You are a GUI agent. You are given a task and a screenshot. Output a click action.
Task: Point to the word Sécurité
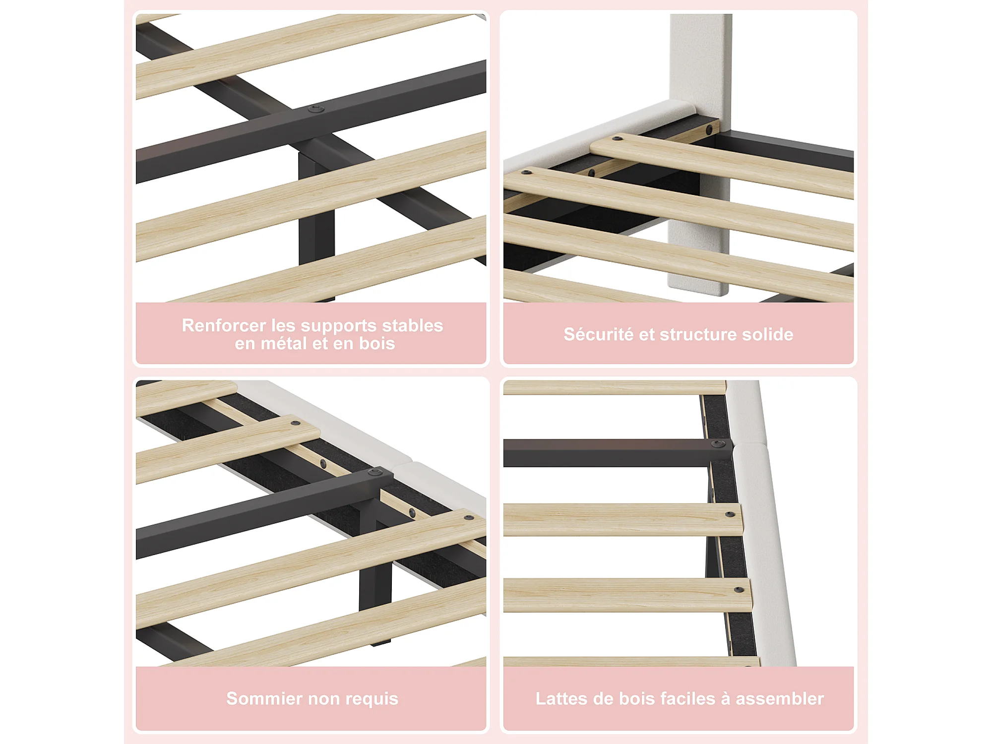point(598,334)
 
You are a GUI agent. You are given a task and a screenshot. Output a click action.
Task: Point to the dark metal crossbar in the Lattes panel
point(615,453)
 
